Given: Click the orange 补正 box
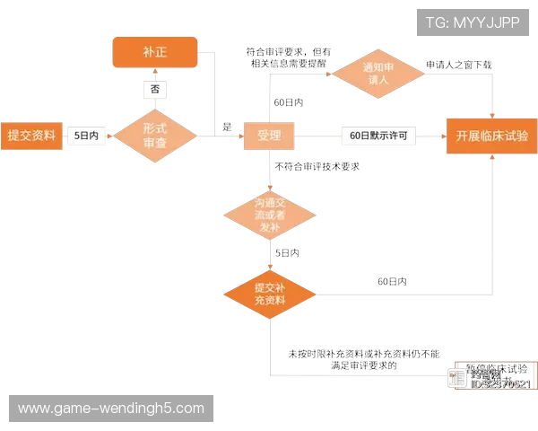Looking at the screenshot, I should click(x=154, y=52).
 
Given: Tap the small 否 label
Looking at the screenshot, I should click(x=155, y=90).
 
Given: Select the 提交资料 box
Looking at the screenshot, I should click(x=31, y=136).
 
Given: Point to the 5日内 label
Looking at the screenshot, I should click(x=88, y=136).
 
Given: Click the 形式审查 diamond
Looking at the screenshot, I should click(x=155, y=136).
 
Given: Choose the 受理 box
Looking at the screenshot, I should click(x=268, y=136).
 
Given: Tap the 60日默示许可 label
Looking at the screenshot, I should click(x=378, y=136).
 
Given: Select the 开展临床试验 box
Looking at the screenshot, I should click(x=491, y=136).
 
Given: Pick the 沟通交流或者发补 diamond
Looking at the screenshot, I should click(x=269, y=214).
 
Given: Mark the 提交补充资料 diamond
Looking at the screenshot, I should click(x=269, y=294).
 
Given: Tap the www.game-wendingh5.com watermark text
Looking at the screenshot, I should click(x=111, y=409).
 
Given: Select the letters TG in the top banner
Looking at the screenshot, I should click(x=436, y=21).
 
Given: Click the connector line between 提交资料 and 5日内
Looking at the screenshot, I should click(x=65, y=136).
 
